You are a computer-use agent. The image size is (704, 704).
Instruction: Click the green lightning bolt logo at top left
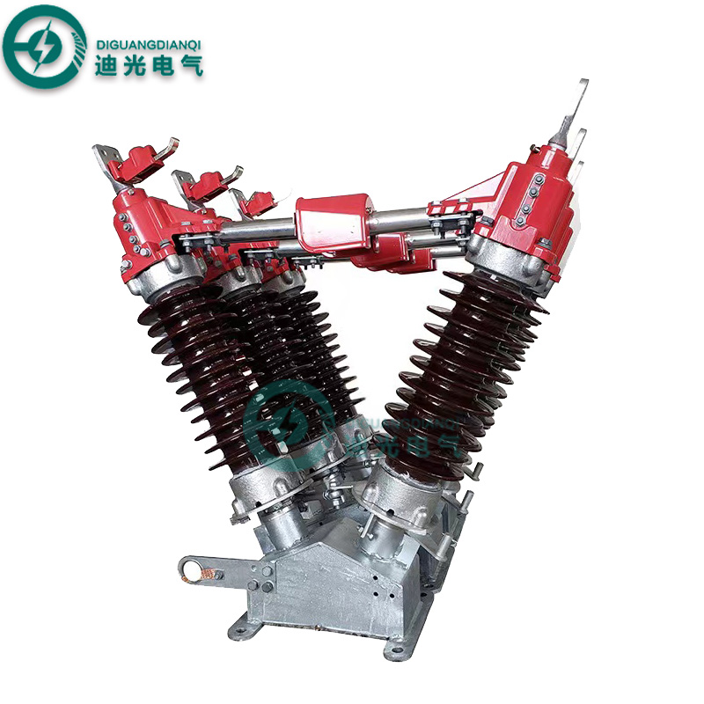(x=43, y=43)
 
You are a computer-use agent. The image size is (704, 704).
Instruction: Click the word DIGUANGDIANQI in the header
(x=148, y=32)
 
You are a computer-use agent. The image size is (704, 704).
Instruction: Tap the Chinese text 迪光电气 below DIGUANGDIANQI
(x=148, y=62)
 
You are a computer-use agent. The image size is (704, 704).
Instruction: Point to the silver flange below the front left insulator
(x=264, y=488)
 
